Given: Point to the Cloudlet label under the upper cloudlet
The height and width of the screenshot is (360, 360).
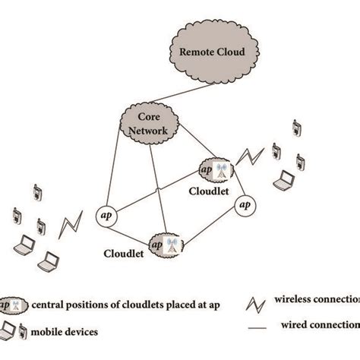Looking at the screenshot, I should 207,192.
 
